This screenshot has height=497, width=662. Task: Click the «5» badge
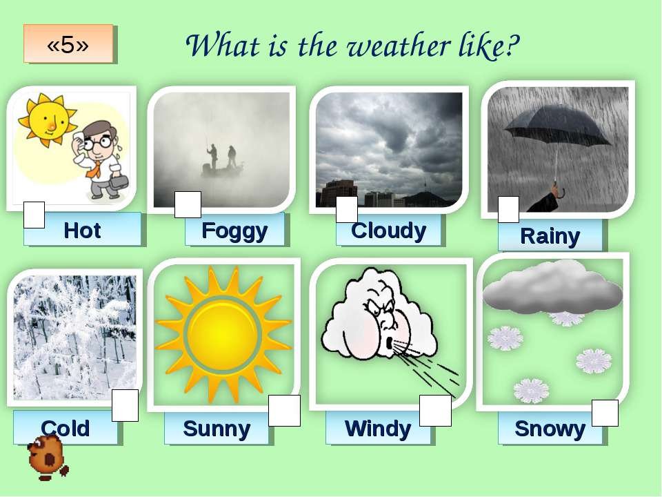tap(68, 44)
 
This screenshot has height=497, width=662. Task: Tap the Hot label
tap(82, 231)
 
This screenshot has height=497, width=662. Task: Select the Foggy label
tap(234, 231)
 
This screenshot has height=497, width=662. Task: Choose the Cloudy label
tap(388, 231)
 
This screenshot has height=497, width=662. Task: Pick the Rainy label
tap(550, 235)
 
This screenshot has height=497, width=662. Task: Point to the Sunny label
tap(217, 428)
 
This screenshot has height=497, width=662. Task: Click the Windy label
tap(378, 428)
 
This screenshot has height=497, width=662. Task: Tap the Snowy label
tap(550, 428)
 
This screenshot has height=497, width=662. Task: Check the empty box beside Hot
tap(34, 215)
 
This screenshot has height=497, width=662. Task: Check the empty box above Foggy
tap(188, 204)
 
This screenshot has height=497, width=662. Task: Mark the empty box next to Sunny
tap(285, 411)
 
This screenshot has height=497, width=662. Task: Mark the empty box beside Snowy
tap(605, 413)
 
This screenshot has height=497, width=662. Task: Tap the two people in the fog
tap(221, 157)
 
